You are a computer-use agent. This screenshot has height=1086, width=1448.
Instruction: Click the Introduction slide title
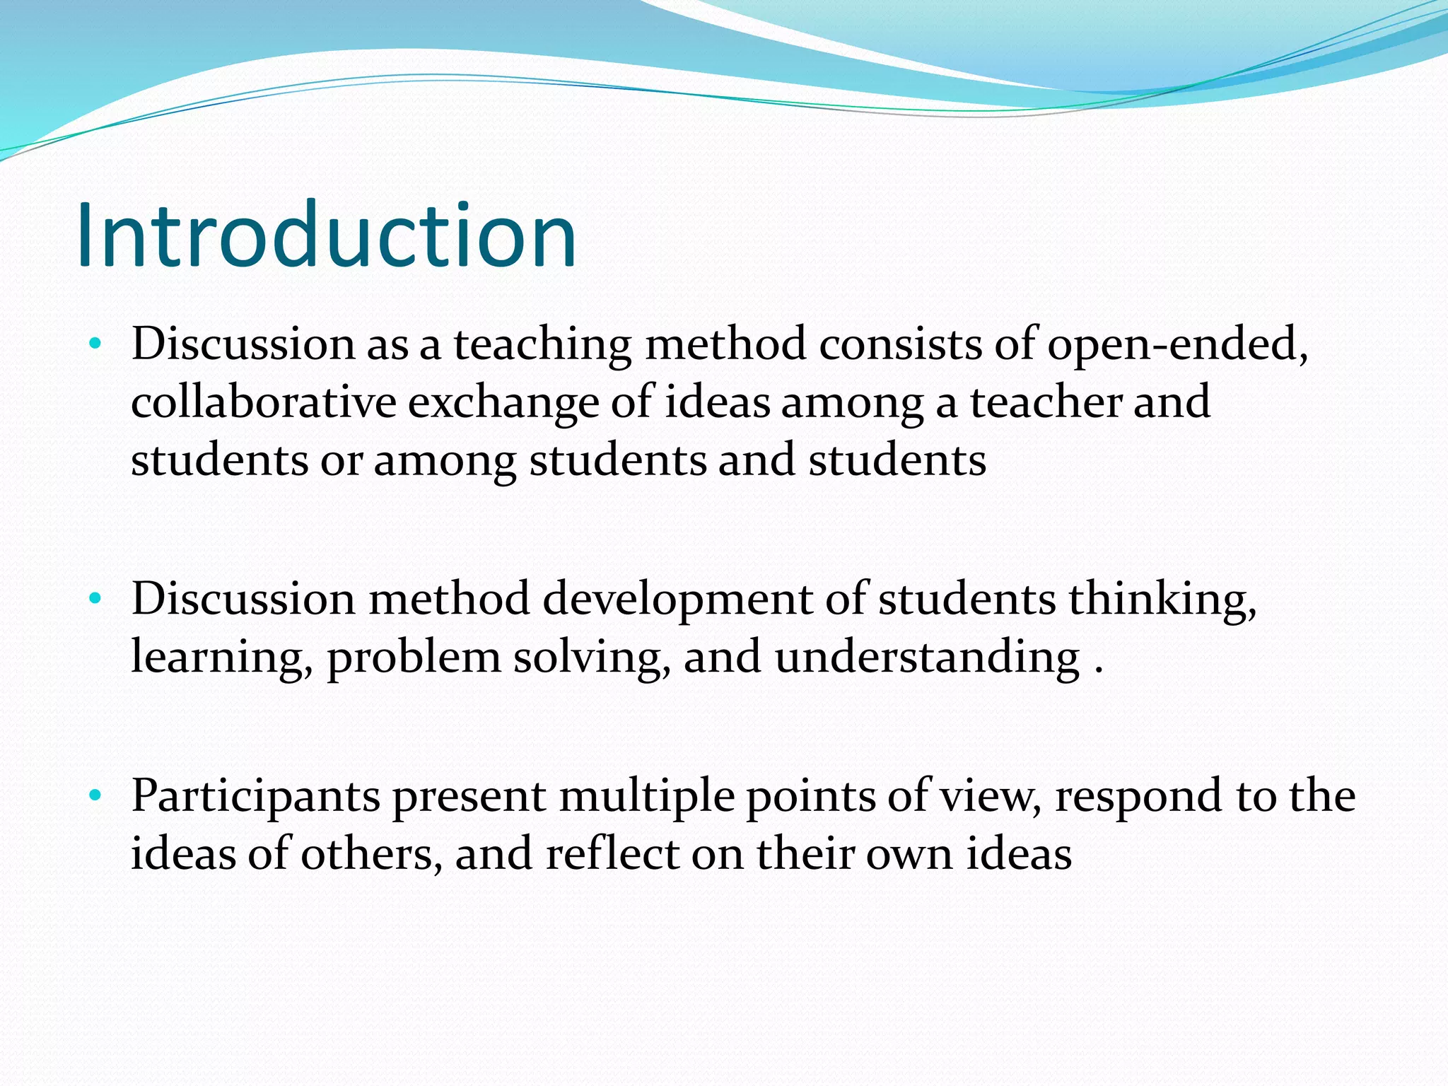tap(327, 235)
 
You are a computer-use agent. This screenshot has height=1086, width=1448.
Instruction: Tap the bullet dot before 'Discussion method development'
tap(95, 600)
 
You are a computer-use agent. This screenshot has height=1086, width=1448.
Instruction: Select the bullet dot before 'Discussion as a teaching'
tap(95, 345)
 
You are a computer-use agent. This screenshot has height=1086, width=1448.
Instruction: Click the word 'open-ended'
tap(1177, 345)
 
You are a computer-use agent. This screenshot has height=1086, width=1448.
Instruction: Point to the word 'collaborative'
tap(264, 403)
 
